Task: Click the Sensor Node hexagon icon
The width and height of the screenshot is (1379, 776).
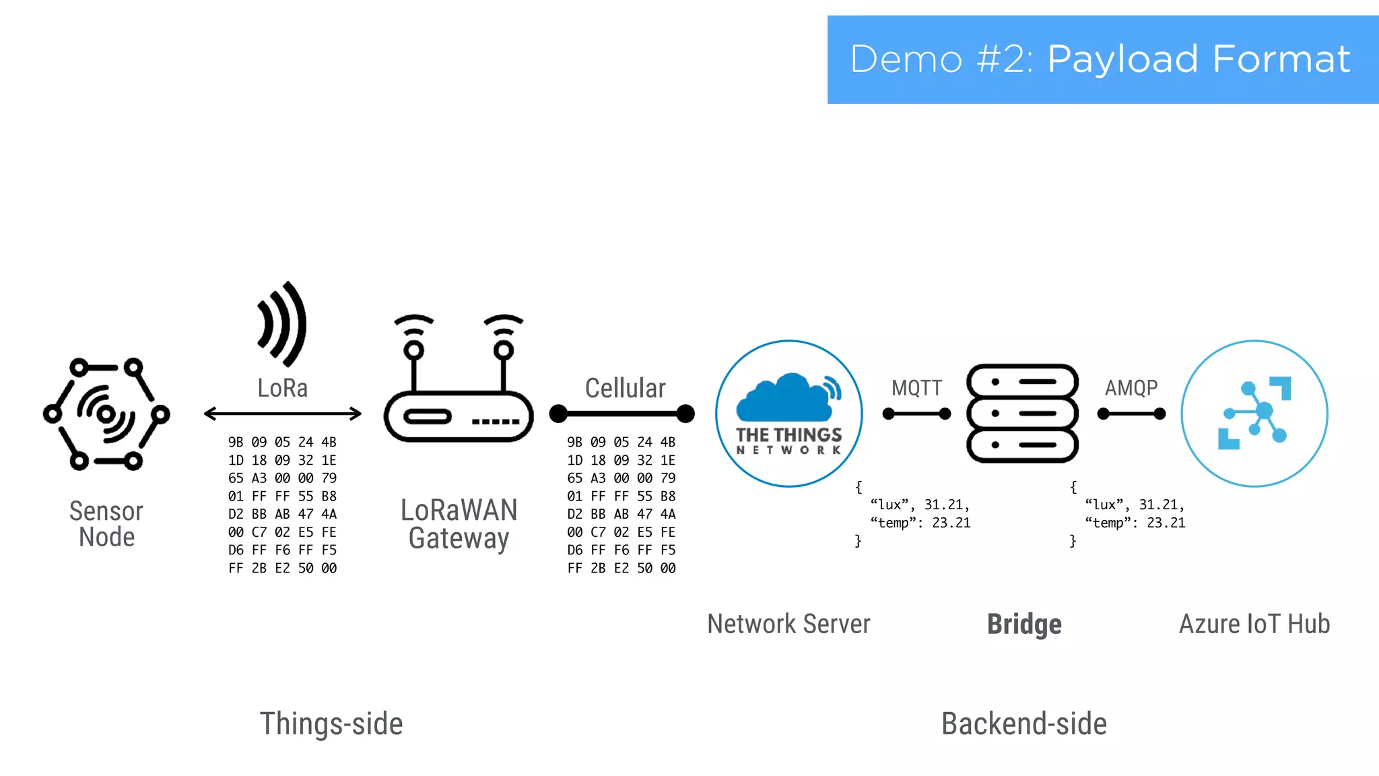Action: click(x=106, y=414)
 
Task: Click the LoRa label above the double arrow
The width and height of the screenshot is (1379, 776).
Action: click(x=283, y=388)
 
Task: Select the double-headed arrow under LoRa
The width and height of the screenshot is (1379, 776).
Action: click(x=283, y=414)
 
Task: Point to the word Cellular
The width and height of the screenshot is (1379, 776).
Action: click(x=625, y=388)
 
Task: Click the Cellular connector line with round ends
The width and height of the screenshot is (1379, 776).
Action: click(x=621, y=414)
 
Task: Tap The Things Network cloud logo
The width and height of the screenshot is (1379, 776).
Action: click(x=789, y=414)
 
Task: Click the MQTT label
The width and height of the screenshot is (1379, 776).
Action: click(x=916, y=388)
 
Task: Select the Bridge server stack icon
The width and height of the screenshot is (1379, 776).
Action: click(x=1022, y=414)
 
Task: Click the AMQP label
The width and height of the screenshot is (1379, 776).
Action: click(x=1131, y=388)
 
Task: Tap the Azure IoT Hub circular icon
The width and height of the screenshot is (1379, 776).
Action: click(x=1254, y=414)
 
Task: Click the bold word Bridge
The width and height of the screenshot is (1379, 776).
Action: click(x=1024, y=624)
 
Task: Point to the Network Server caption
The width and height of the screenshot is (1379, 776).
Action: click(x=788, y=624)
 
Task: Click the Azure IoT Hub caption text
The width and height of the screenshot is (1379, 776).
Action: click(x=1254, y=624)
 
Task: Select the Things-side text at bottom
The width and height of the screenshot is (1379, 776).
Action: click(x=331, y=724)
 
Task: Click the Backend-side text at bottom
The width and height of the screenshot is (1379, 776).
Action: click(x=1024, y=724)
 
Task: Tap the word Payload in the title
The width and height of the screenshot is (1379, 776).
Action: click(x=1122, y=59)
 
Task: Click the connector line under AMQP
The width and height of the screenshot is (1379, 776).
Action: click(x=1131, y=414)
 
